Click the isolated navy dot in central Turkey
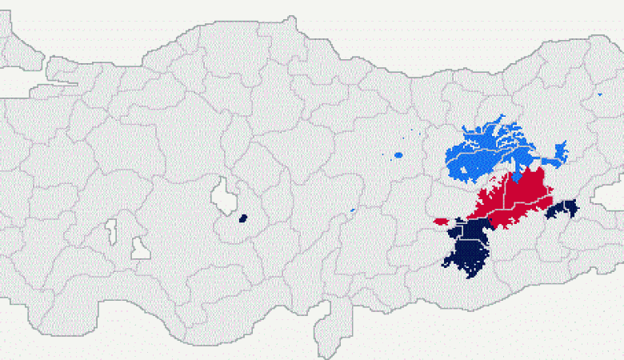243,218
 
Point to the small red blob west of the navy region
441,221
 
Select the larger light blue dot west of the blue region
398,154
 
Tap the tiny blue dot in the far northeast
600,94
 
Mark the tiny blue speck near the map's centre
352,211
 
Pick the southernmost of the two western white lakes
140,250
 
